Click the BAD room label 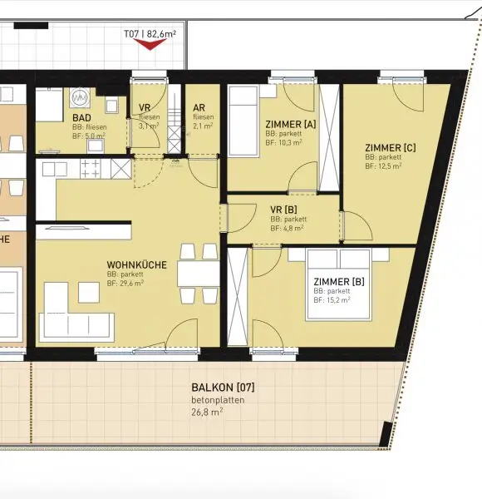[x=81, y=119]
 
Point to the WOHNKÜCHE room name [x=136, y=265]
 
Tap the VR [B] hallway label [x=283, y=209]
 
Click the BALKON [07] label [x=222, y=388]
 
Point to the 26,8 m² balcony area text [x=208, y=411]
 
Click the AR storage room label [x=199, y=108]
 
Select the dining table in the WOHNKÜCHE [x=198, y=274]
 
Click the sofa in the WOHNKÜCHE [x=76, y=314]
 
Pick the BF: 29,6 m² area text [x=125, y=283]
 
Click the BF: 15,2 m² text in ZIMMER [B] [x=331, y=299]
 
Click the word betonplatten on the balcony [x=217, y=400]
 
